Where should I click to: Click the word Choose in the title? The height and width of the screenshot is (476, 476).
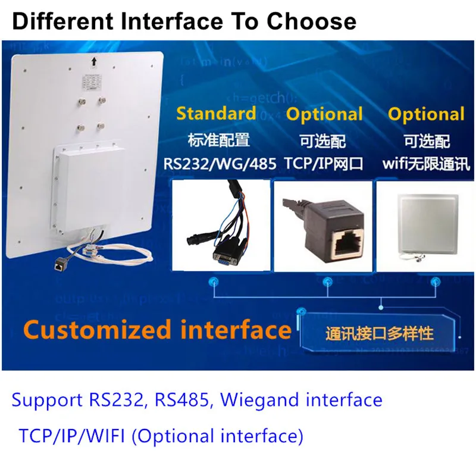point(311,21)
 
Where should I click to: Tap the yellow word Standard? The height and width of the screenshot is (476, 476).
point(216,114)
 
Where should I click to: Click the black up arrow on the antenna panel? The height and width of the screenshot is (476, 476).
point(94,62)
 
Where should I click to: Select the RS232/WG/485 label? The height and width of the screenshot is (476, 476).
point(220,164)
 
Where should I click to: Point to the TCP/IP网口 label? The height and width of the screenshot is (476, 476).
point(324,164)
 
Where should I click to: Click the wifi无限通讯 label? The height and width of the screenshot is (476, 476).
point(426,164)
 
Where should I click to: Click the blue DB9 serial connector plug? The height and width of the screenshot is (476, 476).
point(226,255)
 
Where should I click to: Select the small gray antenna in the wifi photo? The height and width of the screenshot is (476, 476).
point(428,224)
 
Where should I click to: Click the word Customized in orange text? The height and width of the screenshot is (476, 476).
point(97,330)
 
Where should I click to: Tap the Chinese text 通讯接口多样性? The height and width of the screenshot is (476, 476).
point(379,333)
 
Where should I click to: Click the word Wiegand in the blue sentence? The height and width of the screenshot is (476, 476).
point(259,400)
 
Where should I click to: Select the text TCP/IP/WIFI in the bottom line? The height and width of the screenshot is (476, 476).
point(71,436)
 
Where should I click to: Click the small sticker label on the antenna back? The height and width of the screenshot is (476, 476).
point(92,82)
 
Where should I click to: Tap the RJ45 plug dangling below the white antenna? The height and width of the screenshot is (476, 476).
point(58,265)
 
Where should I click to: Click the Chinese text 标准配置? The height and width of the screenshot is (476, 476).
point(219,140)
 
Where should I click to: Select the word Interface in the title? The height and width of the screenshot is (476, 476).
point(171,21)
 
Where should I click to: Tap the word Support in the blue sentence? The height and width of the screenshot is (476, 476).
point(47,400)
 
